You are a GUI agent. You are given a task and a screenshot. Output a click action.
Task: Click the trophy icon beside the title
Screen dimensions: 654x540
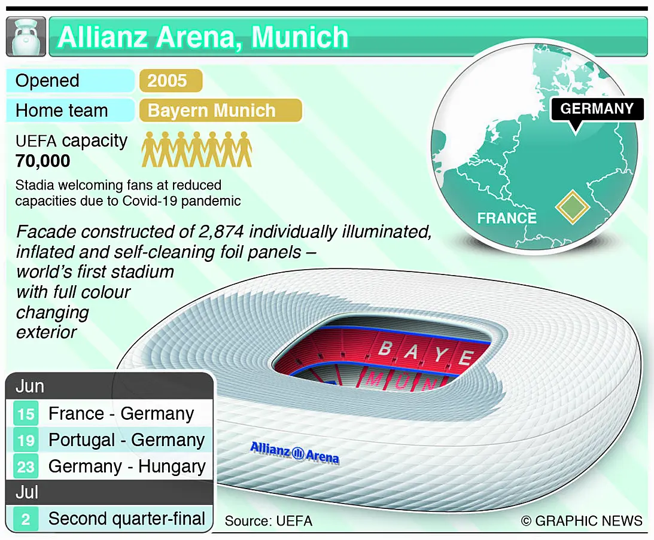click(x=26, y=36)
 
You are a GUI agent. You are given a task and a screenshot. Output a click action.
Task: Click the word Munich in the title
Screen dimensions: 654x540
click(x=300, y=37)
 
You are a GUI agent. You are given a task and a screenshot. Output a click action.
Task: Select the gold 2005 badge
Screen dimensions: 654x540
click(x=171, y=81)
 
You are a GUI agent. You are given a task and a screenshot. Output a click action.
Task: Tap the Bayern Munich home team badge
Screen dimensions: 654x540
click(x=220, y=111)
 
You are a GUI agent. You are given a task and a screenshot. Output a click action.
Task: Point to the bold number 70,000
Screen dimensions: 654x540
click(x=42, y=161)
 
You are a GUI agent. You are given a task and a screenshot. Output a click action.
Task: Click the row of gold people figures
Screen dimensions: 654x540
click(x=197, y=150)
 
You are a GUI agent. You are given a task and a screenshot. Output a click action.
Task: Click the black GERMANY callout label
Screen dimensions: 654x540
click(x=597, y=109)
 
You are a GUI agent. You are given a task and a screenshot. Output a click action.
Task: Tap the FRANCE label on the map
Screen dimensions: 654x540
click(x=507, y=218)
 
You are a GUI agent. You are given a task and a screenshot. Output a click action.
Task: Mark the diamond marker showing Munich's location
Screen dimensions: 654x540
click(x=572, y=207)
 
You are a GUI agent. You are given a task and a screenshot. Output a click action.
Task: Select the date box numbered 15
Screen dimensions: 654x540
click(x=26, y=414)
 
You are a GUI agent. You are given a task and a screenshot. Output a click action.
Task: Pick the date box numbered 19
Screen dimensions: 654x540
click(x=26, y=440)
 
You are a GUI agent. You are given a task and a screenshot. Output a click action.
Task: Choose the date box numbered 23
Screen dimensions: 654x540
click(x=26, y=466)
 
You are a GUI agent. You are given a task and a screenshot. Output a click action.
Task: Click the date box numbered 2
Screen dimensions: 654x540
click(x=26, y=519)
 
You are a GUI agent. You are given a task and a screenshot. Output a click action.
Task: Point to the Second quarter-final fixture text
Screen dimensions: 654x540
click(x=126, y=518)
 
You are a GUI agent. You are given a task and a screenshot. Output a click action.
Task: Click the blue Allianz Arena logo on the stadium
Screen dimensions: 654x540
click(x=294, y=453)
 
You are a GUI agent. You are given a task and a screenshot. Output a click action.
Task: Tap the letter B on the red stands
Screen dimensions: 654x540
click(x=385, y=348)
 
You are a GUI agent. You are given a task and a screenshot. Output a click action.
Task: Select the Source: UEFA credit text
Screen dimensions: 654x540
click(x=269, y=521)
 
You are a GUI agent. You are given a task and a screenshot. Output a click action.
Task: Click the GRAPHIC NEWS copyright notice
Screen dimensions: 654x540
click(x=582, y=521)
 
